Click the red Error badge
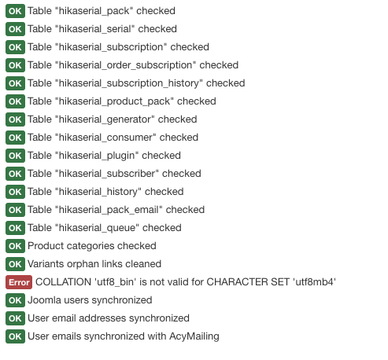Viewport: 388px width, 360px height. coord(19,282)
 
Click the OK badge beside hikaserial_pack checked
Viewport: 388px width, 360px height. coord(15,11)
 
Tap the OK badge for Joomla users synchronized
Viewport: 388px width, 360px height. coord(15,300)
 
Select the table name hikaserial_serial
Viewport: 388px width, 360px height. coord(94,29)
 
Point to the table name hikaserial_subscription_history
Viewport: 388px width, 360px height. coord(129,83)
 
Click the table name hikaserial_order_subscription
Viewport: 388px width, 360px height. coord(125,65)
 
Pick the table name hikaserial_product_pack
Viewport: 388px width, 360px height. coord(114,101)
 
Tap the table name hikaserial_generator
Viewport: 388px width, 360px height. coord(105,119)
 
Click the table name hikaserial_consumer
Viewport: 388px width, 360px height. coord(105,138)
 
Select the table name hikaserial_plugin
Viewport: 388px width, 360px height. coord(97,156)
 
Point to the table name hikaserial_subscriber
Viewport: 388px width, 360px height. coord(107,174)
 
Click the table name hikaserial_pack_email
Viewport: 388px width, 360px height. coord(109,210)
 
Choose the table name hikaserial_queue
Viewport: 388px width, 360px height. coord(97,228)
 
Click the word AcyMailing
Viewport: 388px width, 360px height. coord(194,336)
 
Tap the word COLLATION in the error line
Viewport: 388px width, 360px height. coord(63,282)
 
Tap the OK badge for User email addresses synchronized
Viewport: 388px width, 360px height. coord(15,318)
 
